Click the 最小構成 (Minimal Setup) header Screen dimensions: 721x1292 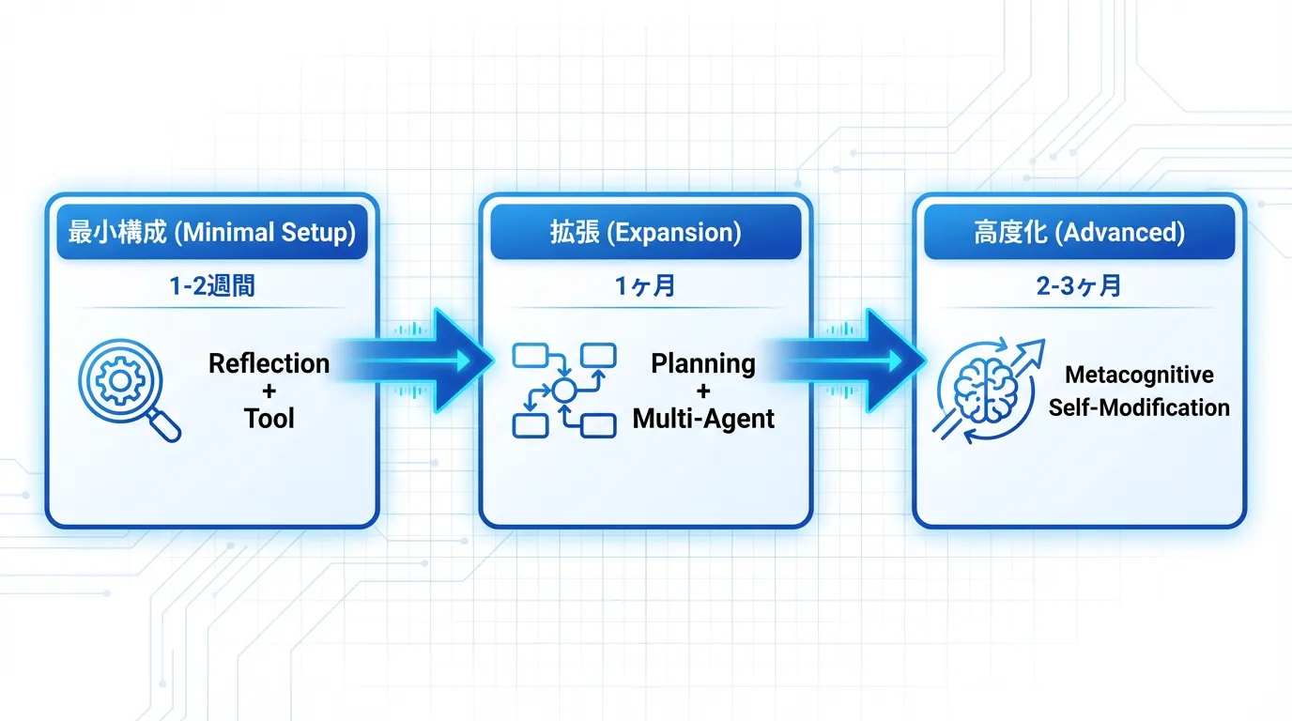(x=211, y=233)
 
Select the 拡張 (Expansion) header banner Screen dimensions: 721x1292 (x=645, y=233)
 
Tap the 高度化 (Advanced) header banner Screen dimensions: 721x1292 (x=1079, y=233)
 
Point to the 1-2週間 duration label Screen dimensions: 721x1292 (x=212, y=286)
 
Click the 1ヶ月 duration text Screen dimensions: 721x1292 (x=645, y=286)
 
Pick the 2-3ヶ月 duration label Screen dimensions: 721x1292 (x=1079, y=286)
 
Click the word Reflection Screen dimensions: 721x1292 (x=269, y=363)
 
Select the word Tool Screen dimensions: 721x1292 (x=269, y=418)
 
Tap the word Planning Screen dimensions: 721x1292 (x=703, y=363)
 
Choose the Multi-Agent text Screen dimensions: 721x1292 (x=703, y=418)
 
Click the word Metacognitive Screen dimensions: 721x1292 (x=1139, y=376)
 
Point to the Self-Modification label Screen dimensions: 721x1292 (x=1139, y=407)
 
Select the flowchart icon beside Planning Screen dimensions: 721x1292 (x=563, y=389)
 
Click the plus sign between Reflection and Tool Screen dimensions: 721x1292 (x=269, y=391)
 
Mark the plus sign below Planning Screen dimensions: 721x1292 (x=703, y=391)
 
